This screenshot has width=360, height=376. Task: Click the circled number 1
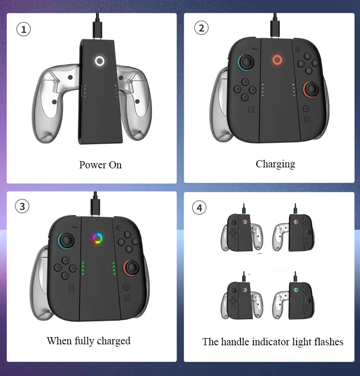pos(24,29)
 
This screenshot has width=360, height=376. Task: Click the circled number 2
pos(201,28)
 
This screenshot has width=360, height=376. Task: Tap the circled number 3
pos(22,206)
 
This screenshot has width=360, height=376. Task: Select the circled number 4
pos(199,208)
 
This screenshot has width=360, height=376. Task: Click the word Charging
pos(276,164)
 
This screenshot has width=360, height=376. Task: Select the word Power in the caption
pos(93,165)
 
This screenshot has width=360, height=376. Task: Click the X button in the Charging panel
pos(308,56)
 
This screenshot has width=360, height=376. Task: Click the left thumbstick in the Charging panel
pos(246,62)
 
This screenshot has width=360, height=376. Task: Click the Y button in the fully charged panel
pos(121,242)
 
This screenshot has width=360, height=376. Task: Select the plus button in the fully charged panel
pos(118,227)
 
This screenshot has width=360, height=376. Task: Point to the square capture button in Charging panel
pos(251,109)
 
